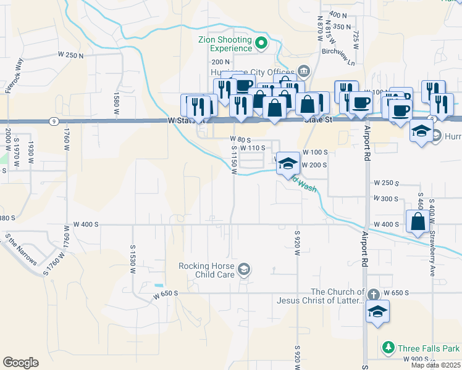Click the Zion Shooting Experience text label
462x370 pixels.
225,44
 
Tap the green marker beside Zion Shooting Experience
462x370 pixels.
261,43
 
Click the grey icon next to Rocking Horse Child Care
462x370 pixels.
244,268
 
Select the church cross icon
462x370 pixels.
373,295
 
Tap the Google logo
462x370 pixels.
20,362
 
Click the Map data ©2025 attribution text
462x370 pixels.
435,365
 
